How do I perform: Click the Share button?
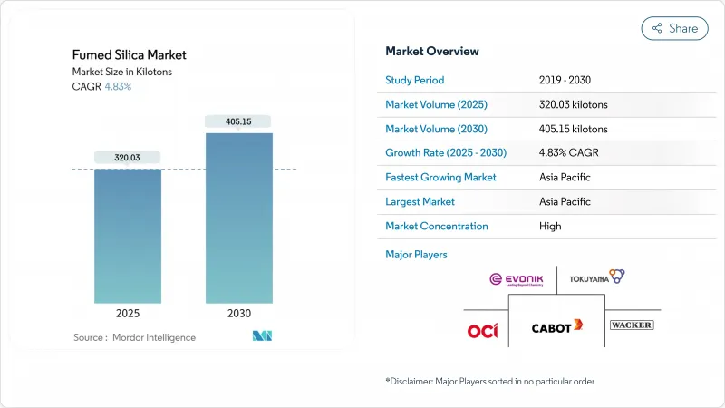pos(674,28)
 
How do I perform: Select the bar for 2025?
pos(128,236)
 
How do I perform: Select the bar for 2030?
pos(239,218)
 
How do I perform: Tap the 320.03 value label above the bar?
pos(128,157)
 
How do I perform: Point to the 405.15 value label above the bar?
pos(239,121)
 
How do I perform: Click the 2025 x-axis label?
pos(128,314)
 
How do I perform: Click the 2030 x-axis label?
pos(239,314)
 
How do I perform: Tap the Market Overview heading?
pos(432,51)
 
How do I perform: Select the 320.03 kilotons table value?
pos(573,104)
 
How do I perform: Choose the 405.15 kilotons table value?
pos(573,129)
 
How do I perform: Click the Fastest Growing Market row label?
pos(440,177)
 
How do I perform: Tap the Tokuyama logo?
pos(597,277)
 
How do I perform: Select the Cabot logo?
pos(556,326)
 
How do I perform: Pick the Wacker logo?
pos(632,325)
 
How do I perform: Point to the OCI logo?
pos(482,330)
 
